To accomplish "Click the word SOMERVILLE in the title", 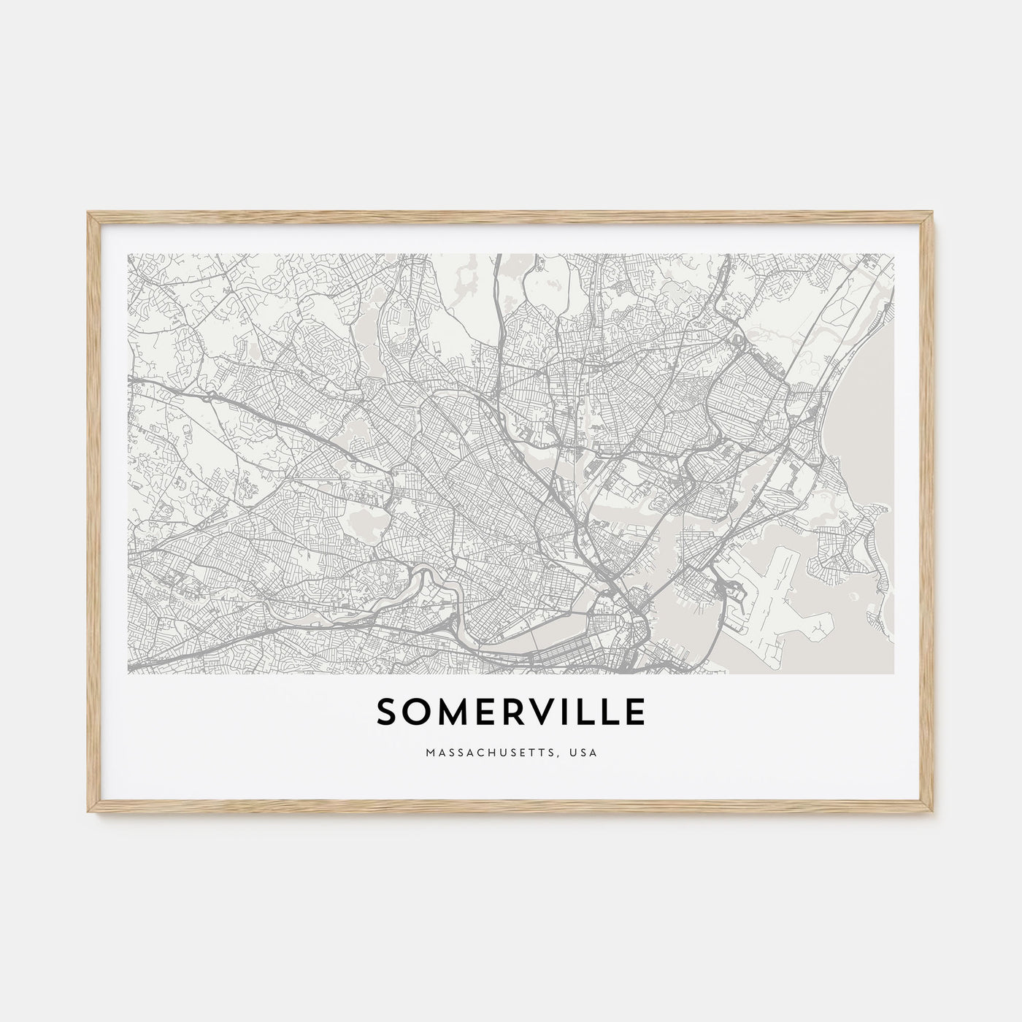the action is (511, 712).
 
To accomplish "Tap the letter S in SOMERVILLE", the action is (387, 712).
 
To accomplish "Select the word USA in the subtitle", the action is (585, 752).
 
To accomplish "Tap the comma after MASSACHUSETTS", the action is (564, 755).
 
